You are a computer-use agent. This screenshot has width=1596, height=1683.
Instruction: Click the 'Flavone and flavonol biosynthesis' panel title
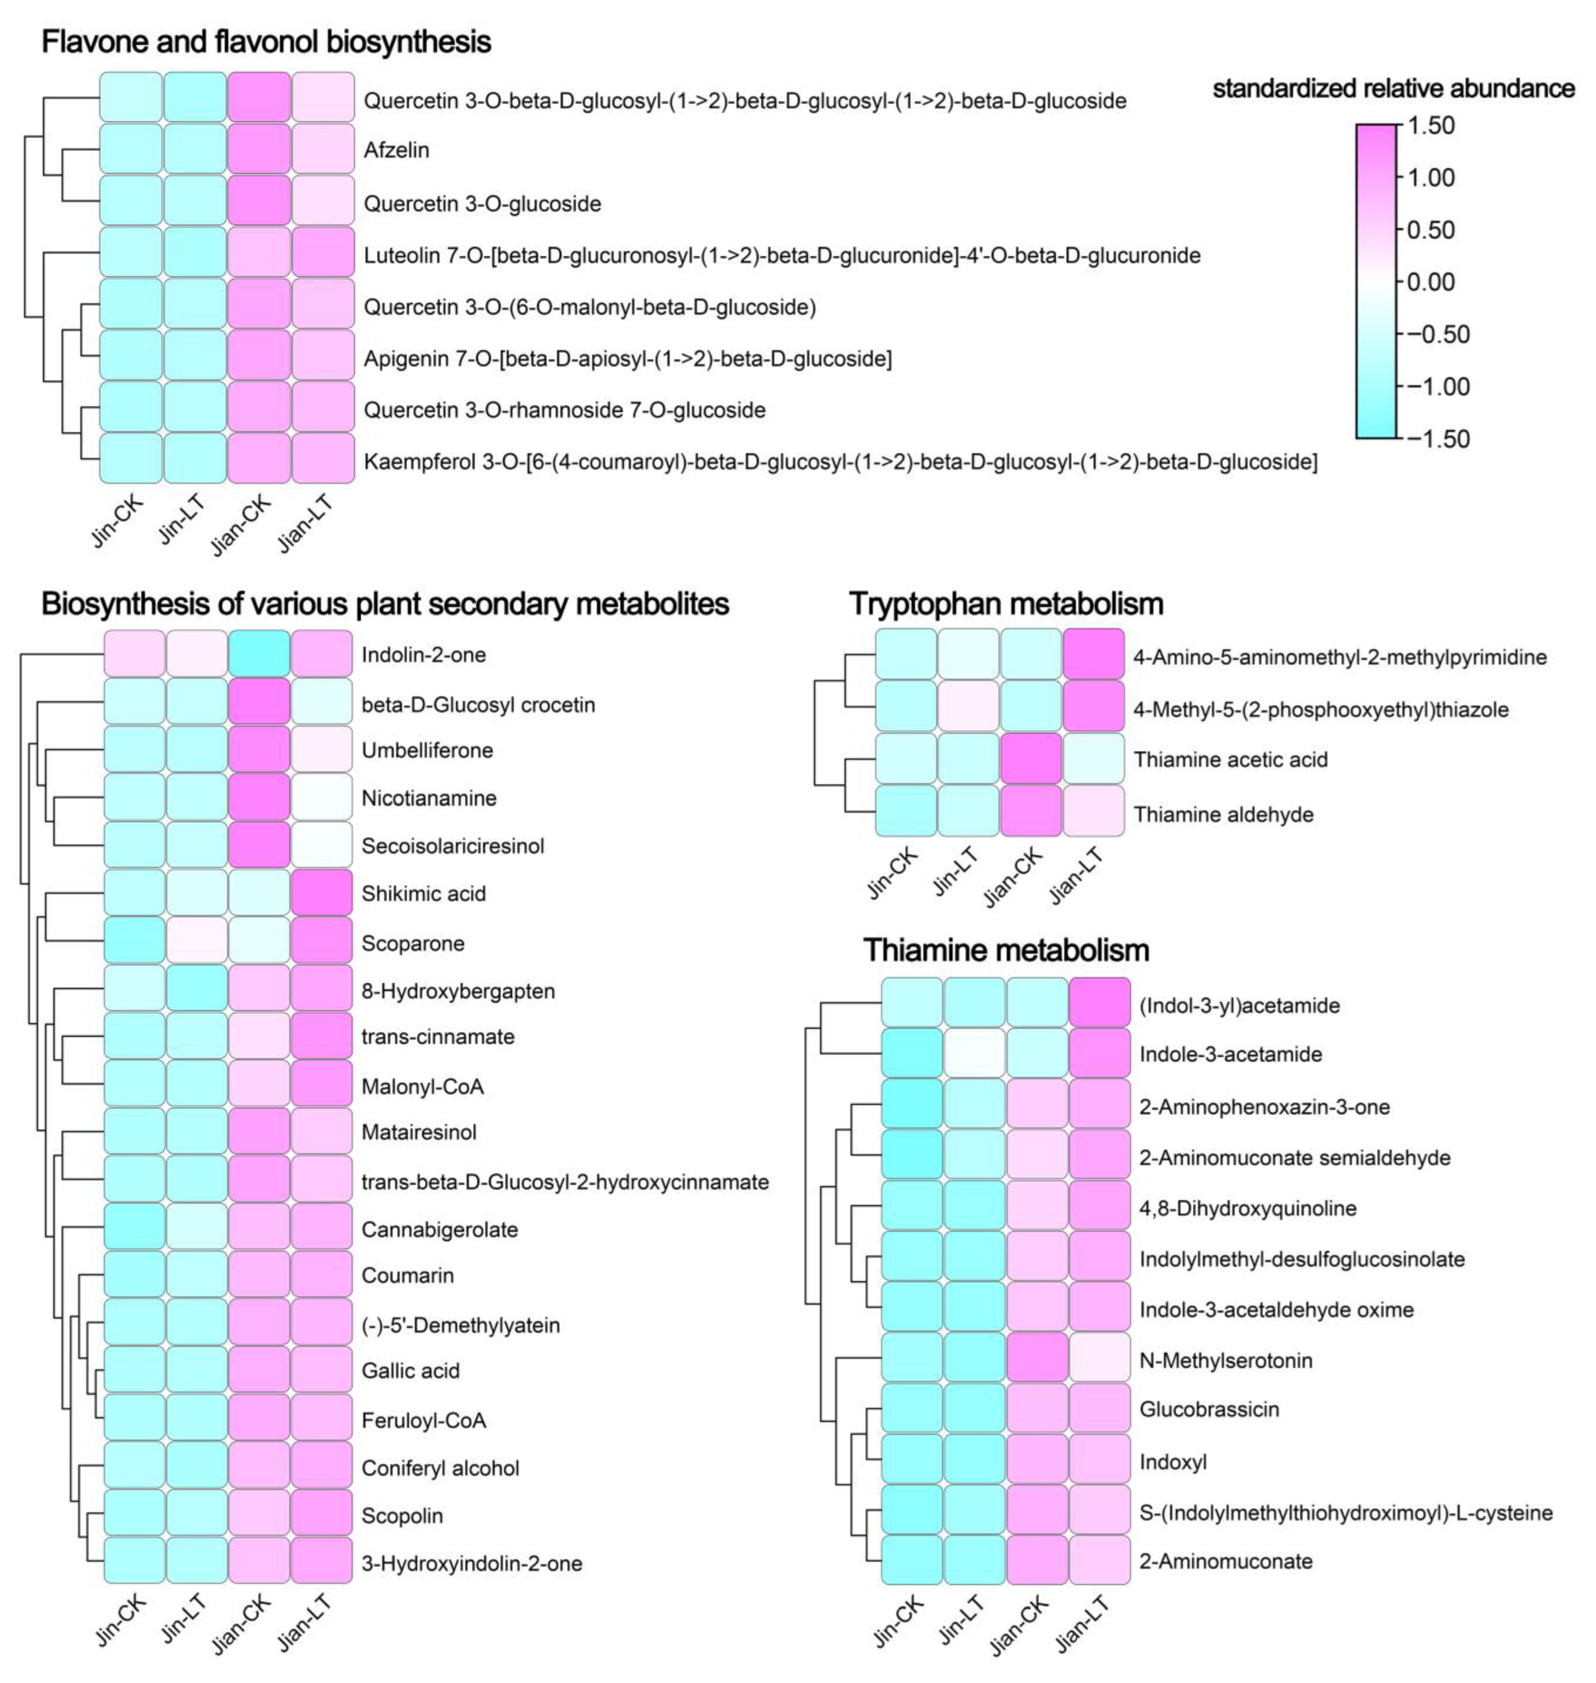[266, 42]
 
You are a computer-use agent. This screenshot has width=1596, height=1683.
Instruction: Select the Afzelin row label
[396, 151]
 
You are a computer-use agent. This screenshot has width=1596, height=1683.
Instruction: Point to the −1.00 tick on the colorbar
[1438, 386]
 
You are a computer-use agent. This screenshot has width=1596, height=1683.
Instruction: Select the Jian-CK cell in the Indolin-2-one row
[260, 654]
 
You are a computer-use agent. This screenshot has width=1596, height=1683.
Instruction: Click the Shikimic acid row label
[424, 894]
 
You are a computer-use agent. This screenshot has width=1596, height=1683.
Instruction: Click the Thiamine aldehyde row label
[1224, 814]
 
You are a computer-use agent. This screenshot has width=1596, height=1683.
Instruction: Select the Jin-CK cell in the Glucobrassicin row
[911, 1408]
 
